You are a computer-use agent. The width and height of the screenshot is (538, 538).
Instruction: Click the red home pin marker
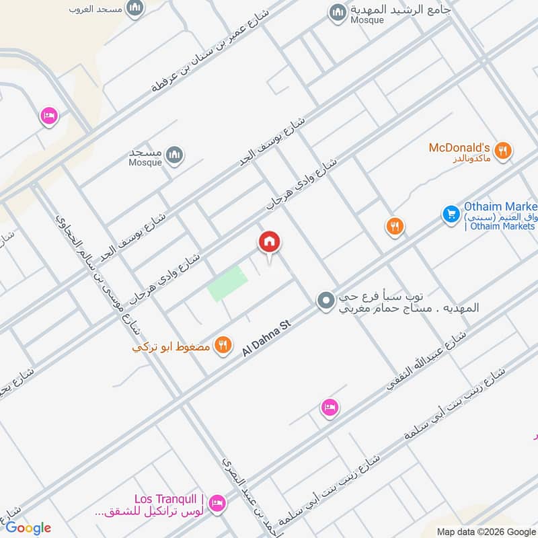tap(270, 242)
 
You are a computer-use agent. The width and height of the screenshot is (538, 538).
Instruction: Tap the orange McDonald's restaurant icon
tap(502, 151)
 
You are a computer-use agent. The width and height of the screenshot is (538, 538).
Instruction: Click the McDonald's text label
tap(458, 147)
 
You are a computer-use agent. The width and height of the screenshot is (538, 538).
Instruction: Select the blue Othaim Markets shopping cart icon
tap(451, 215)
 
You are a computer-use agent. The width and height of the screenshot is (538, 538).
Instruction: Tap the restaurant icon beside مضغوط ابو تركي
tap(223, 346)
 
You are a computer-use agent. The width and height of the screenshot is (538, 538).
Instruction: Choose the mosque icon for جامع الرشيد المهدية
tap(337, 11)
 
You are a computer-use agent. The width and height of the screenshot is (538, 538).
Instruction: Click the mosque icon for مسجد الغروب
tap(135, 8)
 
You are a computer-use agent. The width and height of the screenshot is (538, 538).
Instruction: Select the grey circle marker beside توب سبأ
tap(325, 300)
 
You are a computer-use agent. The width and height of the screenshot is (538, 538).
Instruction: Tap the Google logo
tap(28, 528)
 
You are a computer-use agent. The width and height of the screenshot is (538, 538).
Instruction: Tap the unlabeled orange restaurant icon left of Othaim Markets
tap(395, 227)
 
